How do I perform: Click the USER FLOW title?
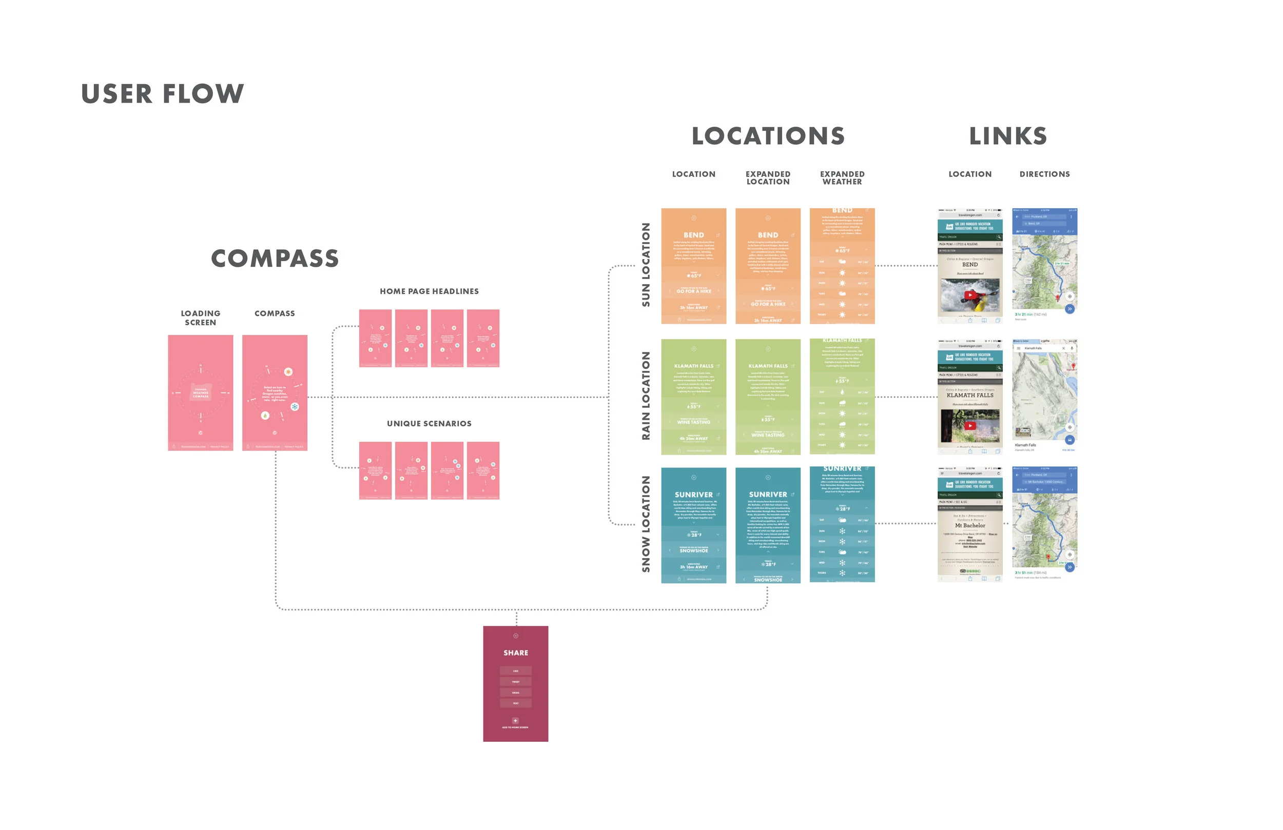pos(162,94)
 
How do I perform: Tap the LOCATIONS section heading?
pos(768,136)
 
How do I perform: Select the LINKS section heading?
pos(1007,136)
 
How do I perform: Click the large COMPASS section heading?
pos(275,259)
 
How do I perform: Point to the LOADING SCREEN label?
pos(201,318)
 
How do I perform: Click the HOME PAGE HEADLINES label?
pos(429,291)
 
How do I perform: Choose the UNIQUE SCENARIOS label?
pos(429,424)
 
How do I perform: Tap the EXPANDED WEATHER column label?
pos(842,178)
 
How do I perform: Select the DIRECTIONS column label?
pos(1044,174)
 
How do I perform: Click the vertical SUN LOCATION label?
pos(646,265)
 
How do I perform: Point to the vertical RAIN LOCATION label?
pos(646,396)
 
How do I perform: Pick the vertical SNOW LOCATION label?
pos(646,524)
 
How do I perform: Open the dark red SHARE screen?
pos(515,683)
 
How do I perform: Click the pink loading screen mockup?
pos(201,392)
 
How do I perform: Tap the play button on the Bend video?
pos(970,295)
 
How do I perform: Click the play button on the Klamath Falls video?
pos(970,426)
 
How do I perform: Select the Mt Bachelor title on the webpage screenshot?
pos(970,525)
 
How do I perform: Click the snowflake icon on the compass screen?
pos(295,407)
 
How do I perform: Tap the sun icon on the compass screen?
pos(288,372)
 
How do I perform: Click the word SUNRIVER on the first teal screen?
pos(693,495)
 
